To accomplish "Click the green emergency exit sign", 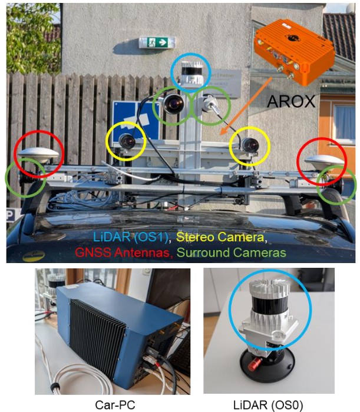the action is (x=157, y=42).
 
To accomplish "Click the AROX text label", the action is (x=291, y=101).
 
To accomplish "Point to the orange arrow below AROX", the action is (x=246, y=106).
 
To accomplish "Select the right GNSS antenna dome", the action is (x=325, y=160).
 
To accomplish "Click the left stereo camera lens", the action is (x=127, y=141).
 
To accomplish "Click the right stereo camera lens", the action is (x=250, y=145).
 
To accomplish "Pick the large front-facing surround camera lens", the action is (x=173, y=104).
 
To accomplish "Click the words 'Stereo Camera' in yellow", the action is (x=220, y=237).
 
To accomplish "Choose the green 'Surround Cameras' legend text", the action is (x=231, y=252).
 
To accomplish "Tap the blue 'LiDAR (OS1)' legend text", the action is (x=131, y=237).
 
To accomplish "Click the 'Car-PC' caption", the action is (x=115, y=405).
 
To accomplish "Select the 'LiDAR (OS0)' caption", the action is (x=269, y=405).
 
